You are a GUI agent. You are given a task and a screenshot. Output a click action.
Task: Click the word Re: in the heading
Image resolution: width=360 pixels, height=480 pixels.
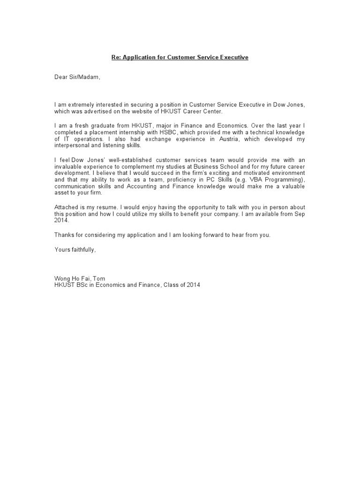pos(116,57)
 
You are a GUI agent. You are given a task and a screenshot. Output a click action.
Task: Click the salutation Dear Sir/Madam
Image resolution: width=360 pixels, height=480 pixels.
pos(77,77)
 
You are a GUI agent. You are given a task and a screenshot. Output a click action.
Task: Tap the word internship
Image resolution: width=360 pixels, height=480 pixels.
pos(136,133)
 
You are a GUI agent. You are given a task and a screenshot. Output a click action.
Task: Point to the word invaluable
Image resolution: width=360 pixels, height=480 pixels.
pos(69,166)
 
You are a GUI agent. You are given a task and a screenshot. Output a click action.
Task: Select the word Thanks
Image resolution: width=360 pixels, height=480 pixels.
pos(64,235)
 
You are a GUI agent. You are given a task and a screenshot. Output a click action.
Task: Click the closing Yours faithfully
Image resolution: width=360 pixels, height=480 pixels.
pos(75,250)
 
